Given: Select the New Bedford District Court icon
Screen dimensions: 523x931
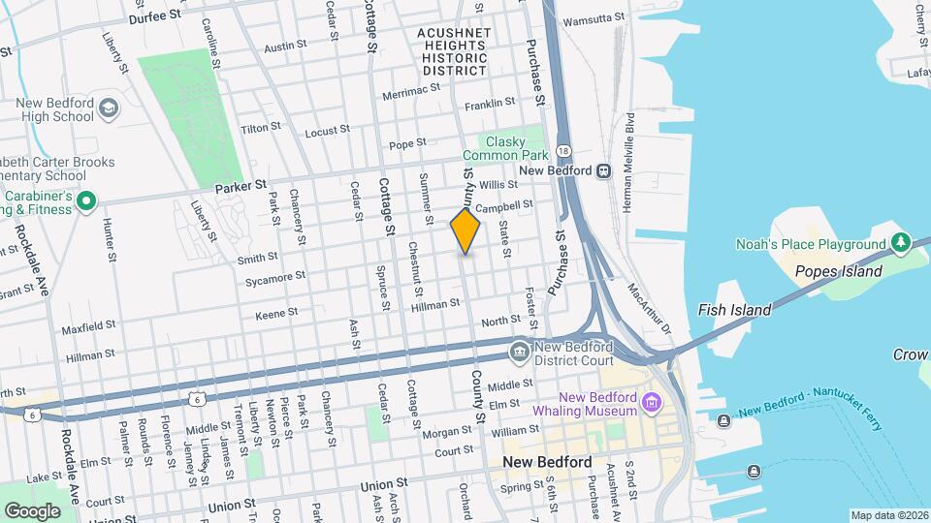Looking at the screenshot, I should [521, 350].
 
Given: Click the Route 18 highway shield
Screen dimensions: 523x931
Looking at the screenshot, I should [563, 152].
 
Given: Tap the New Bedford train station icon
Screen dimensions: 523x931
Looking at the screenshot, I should [603, 170].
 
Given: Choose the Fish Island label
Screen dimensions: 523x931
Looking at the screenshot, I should [734, 310].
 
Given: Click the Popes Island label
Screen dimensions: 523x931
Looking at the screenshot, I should [838, 271].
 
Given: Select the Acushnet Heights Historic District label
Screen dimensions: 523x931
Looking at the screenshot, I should [454, 51].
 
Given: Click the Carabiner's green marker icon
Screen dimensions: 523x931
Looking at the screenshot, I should [86, 202].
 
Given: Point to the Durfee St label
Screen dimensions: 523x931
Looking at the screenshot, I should [154, 15].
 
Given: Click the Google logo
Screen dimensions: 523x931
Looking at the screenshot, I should [32, 510].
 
